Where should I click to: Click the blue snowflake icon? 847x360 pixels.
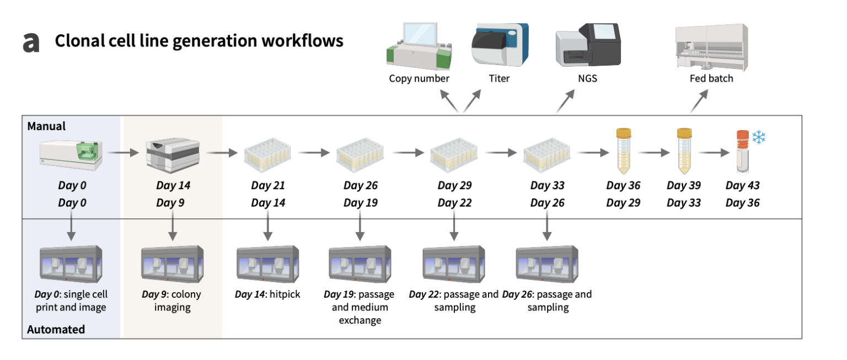759,137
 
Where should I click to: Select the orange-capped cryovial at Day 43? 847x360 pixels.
743,152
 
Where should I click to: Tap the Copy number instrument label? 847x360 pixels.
419,79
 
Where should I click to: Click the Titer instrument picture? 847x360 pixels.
500,45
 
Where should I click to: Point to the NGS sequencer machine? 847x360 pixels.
588,45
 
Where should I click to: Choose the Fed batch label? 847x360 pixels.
711,78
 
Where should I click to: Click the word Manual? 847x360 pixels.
46,126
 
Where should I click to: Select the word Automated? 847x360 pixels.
56,329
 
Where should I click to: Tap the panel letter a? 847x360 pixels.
31,42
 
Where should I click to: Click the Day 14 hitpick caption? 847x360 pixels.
267,294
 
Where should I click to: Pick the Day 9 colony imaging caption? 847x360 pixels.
171,300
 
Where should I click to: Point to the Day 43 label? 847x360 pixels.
742,185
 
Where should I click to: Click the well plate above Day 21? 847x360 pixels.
267,154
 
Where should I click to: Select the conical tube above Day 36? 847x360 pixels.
624,151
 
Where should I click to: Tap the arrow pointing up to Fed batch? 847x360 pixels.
699,101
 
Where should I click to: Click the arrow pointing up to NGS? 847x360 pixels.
566,101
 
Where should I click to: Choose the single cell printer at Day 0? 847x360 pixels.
71,155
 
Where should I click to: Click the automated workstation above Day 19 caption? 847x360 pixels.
360,264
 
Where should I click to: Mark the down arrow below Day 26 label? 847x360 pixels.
547,225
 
